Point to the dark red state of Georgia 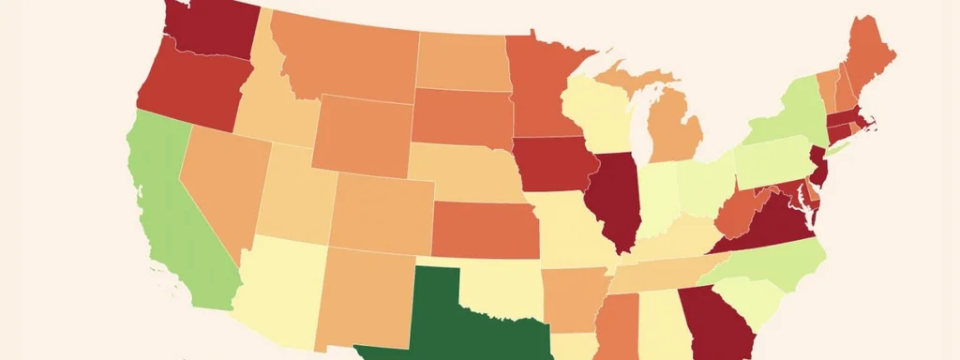[x=717, y=323]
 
